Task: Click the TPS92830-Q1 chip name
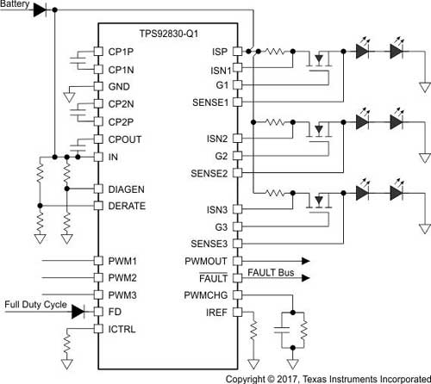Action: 169,34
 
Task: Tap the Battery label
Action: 15,4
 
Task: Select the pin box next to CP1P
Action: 98,52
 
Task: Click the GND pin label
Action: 119,87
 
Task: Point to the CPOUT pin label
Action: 125,139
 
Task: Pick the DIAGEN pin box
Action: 98,189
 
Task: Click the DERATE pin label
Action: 127,206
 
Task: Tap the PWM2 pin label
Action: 122,278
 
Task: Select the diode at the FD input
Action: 78,312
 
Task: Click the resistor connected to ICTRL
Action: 67,345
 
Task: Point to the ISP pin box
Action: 238,52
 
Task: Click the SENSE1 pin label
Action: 210,102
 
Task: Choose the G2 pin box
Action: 238,156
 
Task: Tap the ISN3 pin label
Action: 217,210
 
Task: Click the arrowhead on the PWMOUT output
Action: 305,261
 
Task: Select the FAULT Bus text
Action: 271,272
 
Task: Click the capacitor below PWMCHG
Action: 282,330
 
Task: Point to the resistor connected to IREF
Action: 253,330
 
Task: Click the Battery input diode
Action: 40,10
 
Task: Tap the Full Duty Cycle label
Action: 35,305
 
